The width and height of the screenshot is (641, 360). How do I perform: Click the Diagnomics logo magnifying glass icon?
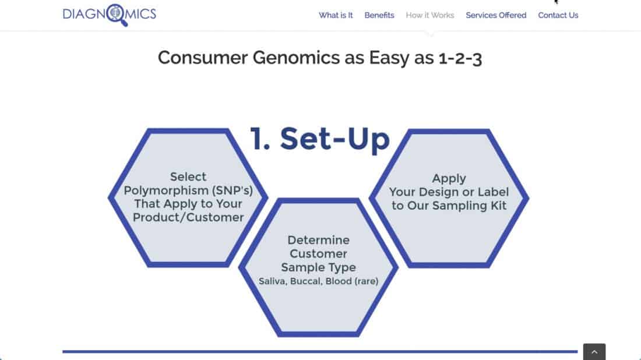[x=117, y=15]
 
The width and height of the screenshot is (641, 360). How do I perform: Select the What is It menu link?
[x=336, y=16]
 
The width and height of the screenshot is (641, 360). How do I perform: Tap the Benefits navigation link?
[x=379, y=16]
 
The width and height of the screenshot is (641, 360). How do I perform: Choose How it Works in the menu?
[x=430, y=16]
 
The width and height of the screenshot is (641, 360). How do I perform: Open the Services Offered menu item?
[x=496, y=16]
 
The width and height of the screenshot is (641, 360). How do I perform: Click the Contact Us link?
[x=558, y=16]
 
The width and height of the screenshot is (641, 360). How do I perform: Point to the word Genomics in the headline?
[x=296, y=58]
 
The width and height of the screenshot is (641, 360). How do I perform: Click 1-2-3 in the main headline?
[x=460, y=58]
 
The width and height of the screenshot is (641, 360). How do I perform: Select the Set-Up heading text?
[x=335, y=139]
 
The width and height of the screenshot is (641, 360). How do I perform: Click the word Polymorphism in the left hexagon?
[x=165, y=190]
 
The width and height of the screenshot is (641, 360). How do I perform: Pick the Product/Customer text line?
[x=188, y=217]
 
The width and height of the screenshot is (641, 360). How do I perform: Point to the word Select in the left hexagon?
[x=188, y=177]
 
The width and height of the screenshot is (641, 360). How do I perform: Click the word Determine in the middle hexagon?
[x=318, y=240]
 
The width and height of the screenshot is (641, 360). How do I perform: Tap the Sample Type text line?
[x=318, y=267]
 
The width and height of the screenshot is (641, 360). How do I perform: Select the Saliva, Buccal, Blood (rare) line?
[x=318, y=281]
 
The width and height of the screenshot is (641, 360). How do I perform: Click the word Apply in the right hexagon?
[x=449, y=179]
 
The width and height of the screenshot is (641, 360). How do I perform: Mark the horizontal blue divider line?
[x=320, y=351]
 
